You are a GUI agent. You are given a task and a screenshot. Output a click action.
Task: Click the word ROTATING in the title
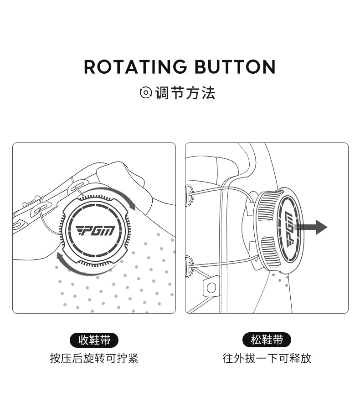[135, 67]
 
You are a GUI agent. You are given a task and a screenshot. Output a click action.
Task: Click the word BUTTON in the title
[235, 67]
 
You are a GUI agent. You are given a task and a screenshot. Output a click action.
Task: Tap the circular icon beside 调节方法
[146, 92]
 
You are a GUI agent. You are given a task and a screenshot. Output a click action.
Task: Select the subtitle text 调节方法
[185, 92]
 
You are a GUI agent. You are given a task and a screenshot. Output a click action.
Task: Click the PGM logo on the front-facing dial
[95, 230]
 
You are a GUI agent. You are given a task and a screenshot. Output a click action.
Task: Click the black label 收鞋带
[94, 340]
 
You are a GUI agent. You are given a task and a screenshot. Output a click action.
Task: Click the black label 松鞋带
[267, 340]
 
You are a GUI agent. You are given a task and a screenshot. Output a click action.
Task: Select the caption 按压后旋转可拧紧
[94, 358]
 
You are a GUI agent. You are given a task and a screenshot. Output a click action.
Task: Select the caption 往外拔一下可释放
[267, 358]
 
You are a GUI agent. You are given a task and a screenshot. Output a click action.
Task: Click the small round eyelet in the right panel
[211, 288]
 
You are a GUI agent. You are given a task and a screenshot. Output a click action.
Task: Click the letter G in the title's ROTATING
[178, 67]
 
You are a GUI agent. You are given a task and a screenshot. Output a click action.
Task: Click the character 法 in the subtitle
[208, 92]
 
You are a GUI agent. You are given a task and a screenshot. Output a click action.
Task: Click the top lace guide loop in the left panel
[78, 187]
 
